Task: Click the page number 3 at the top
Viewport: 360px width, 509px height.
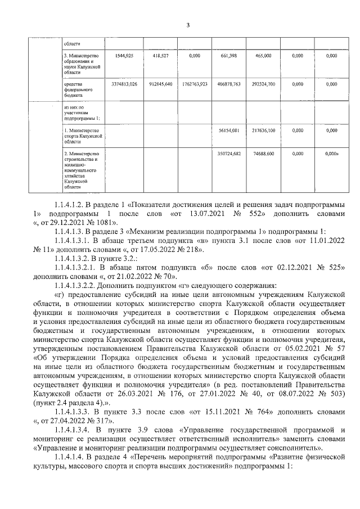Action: (188, 25)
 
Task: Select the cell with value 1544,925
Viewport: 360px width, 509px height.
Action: (124, 56)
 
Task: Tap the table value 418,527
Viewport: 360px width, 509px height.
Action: (161, 56)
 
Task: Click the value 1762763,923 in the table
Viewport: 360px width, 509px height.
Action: (195, 84)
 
